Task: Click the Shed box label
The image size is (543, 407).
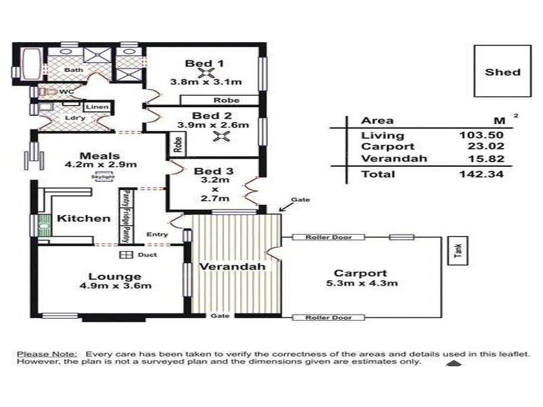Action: [503, 72]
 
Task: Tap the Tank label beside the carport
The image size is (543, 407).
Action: [457, 252]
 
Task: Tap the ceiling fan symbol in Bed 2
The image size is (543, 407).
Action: [219, 138]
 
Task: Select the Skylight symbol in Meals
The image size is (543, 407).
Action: [105, 176]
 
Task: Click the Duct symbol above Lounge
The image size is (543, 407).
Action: [125, 255]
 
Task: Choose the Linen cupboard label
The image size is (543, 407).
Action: [94, 107]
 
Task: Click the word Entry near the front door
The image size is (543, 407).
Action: [157, 235]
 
